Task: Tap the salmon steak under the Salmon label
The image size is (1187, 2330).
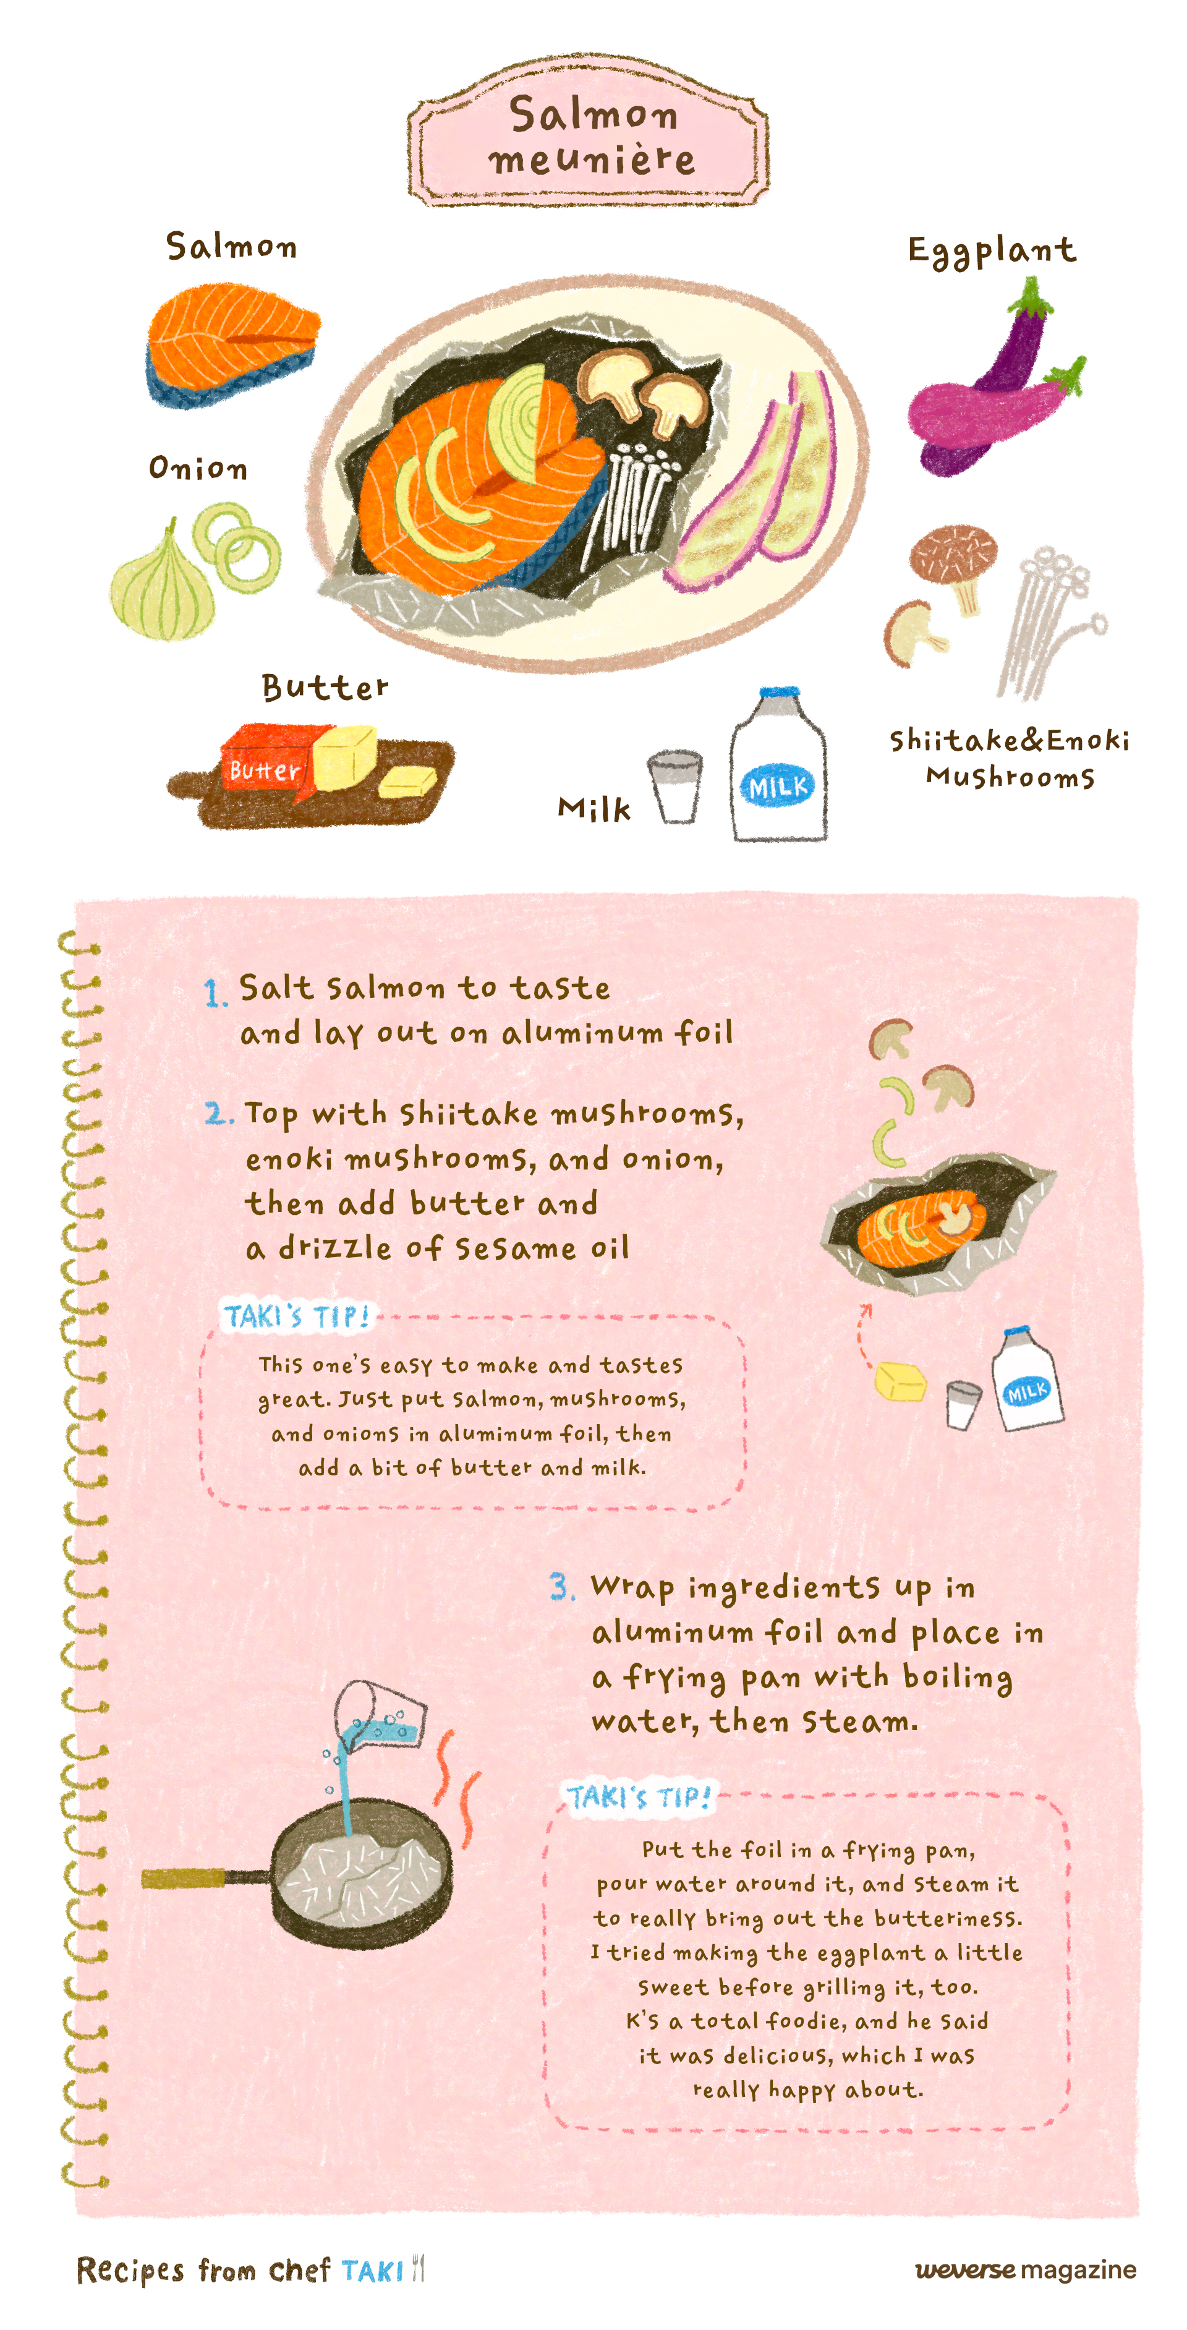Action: pos(232,344)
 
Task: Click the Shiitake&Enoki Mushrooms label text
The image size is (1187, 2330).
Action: pos(1010,758)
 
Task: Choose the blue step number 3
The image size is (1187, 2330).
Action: pos(561,1587)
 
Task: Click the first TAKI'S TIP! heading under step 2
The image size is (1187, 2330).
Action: pos(297,1316)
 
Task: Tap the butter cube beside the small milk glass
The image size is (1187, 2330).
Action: pos(900,1381)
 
